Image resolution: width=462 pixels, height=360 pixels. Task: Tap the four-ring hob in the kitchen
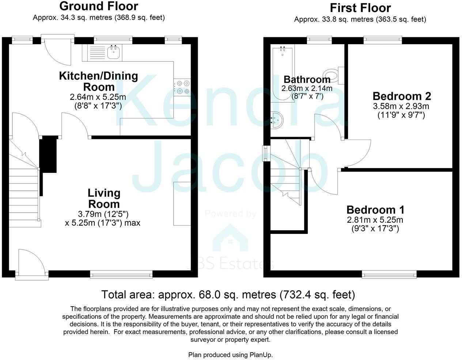183,87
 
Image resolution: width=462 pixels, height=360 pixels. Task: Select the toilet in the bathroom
333,75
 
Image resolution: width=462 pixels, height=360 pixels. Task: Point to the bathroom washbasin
277,120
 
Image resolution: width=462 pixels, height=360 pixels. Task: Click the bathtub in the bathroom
282,73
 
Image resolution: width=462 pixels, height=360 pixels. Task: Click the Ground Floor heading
99,6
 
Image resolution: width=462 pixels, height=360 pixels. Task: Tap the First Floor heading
360,8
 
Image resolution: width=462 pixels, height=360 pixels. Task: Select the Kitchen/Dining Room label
99,81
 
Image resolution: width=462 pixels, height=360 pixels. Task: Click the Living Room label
104,198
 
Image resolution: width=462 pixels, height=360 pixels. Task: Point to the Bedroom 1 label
375,210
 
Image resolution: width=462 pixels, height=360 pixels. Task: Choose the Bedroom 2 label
402,96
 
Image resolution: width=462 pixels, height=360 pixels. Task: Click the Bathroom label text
307,79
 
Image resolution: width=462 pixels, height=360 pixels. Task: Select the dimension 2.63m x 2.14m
307,88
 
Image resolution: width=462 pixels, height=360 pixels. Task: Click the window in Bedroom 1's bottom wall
389,274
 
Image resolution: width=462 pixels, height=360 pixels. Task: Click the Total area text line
228,295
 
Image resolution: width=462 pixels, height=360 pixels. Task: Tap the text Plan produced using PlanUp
230,355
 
